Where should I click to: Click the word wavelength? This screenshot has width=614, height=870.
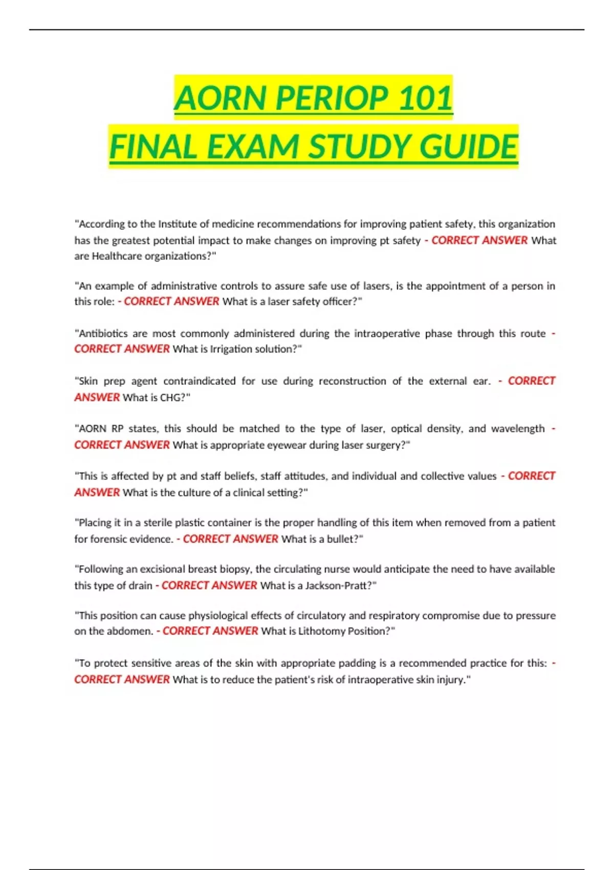click(x=518, y=428)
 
